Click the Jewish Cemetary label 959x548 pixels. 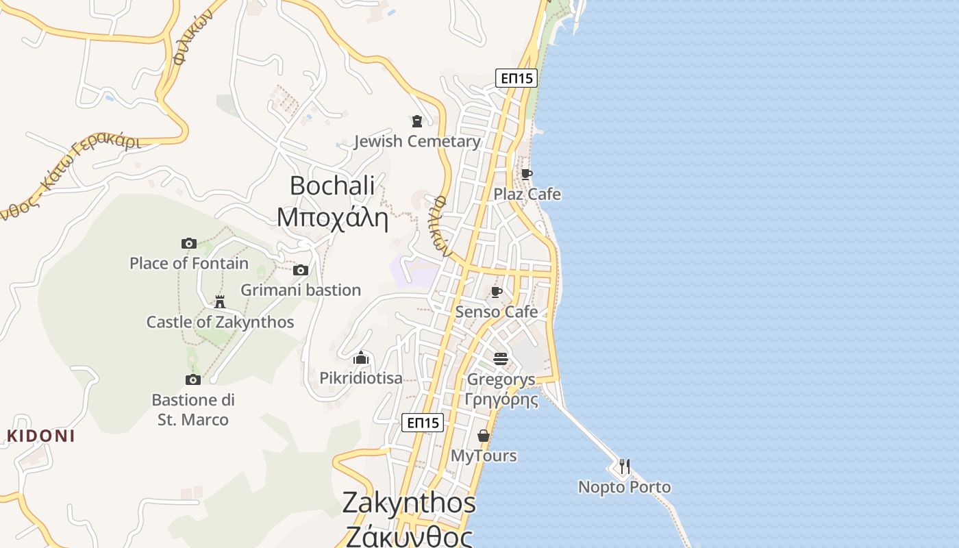click(x=416, y=142)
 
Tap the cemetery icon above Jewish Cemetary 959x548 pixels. click(x=416, y=121)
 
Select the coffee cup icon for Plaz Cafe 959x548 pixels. click(x=526, y=174)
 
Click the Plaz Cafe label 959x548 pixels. click(x=527, y=195)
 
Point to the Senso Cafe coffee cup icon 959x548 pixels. click(x=497, y=292)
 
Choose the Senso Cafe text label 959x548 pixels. click(x=497, y=312)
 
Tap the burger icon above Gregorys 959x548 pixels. click(x=501, y=359)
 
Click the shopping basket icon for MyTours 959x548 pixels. click(x=484, y=436)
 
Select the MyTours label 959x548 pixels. click(x=484, y=456)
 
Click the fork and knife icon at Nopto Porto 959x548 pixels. click(x=624, y=466)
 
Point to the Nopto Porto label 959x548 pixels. click(x=624, y=487)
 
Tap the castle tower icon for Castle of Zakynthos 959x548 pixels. click(x=220, y=301)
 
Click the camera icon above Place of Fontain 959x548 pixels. click(x=189, y=243)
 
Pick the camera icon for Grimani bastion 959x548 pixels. click(x=301, y=270)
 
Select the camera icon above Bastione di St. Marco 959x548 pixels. click(x=193, y=379)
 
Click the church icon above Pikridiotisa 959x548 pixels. click(x=361, y=358)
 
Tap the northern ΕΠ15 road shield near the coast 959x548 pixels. click(x=516, y=78)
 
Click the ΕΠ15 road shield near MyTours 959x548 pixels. click(x=423, y=423)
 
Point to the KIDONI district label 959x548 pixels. click(x=40, y=436)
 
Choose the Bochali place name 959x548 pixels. click(x=332, y=185)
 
